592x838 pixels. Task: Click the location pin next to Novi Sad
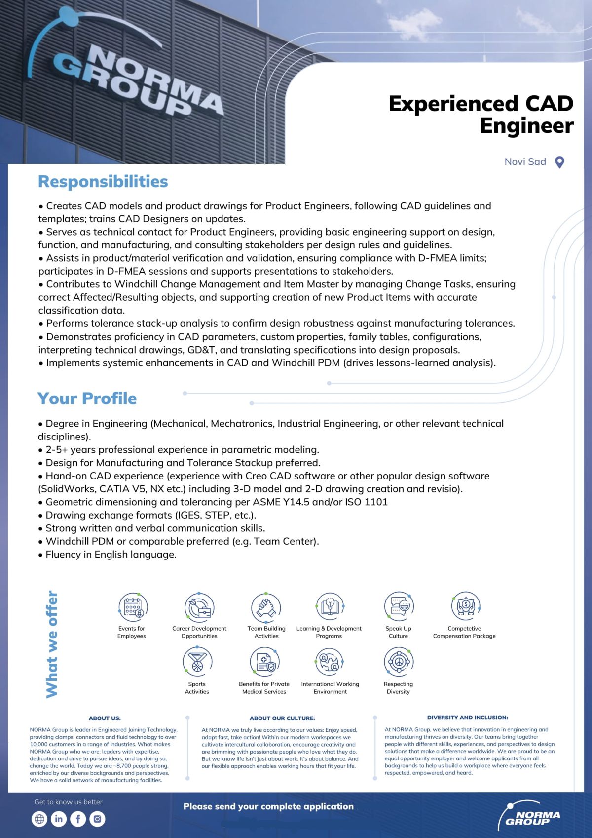coord(559,162)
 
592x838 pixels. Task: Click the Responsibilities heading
coord(103,182)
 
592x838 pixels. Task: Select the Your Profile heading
coord(87,399)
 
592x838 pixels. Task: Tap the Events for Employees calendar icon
coord(133,607)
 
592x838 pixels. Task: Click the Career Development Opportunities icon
coord(199,607)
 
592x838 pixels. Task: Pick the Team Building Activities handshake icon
coord(266,607)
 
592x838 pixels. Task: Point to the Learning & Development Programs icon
coord(329,607)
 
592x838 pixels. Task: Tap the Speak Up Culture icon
coord(399,607)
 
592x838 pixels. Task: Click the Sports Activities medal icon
coord(197,662)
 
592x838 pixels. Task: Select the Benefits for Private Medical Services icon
coord(264,662)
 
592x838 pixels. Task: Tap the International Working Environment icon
coord(330,662)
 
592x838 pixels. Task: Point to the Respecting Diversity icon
coord(399,662)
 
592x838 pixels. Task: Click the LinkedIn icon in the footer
coord(59,819)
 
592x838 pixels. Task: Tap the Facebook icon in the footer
coord(78,819)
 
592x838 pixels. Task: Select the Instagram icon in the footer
coord(98,819)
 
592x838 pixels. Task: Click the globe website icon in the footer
coord(39,819)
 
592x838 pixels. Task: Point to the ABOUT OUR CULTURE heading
coord(282,718)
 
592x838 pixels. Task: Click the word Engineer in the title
coord(526,125)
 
